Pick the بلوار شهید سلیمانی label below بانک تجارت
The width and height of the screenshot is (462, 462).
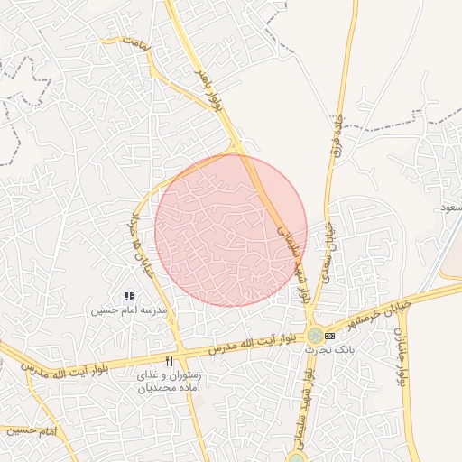tap(307, 405)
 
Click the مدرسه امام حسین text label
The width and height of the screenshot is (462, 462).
tap(128, 310)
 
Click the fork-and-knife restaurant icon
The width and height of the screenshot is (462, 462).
tap(169, 361)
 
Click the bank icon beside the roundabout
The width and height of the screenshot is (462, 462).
tap(328, 337)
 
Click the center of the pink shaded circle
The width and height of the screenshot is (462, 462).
tap(231, 230)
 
